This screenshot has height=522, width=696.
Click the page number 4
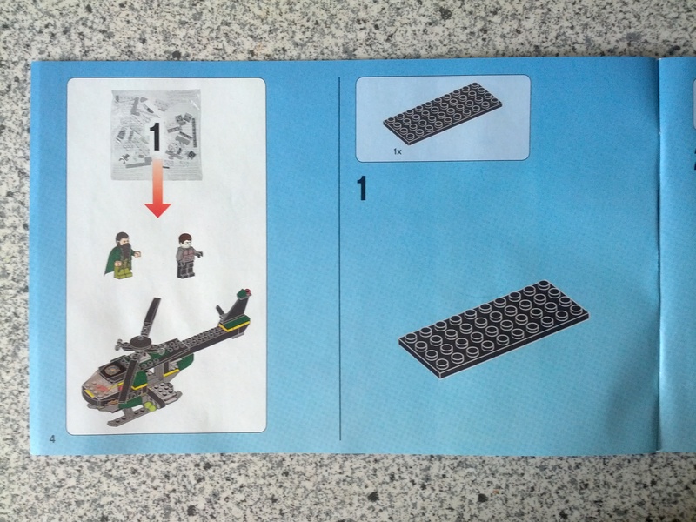pos(53,439)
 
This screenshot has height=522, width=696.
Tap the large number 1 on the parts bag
pos(155,137)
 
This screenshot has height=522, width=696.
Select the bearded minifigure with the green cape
pos(122,255)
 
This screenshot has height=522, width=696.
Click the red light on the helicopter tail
pos(247,292)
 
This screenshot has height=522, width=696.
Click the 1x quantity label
pos(398,151)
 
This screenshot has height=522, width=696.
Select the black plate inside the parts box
pos(443,113)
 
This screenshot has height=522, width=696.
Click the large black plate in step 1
pos(493,329)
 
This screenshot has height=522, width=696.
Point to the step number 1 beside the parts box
pos(362,188)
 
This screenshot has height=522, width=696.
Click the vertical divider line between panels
pos(339,258)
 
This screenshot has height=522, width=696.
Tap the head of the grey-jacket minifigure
pos(184,240)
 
